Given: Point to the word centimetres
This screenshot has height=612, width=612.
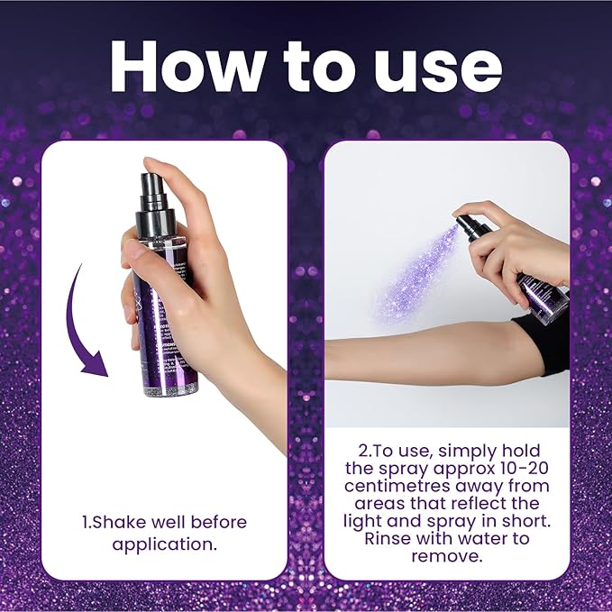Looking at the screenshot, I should pos(396,486).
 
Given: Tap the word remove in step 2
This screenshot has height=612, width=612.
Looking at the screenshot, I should pos(446,555).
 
